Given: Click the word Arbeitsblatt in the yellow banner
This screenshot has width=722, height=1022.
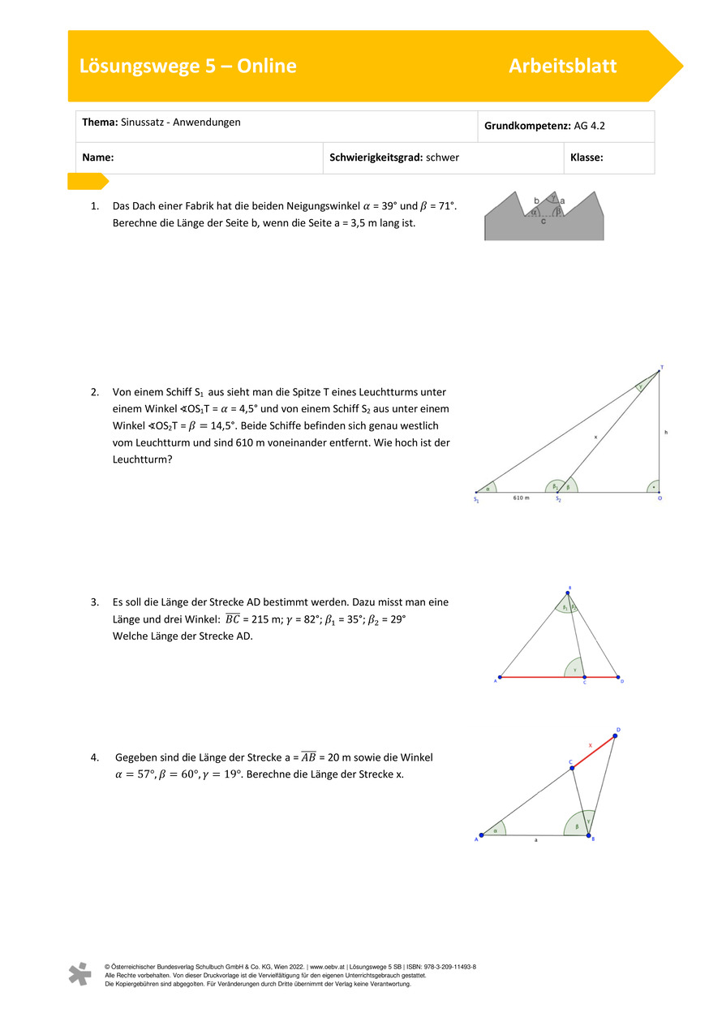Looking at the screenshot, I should coord(562,67).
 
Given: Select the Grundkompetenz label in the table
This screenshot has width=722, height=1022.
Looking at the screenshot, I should coord(526,127).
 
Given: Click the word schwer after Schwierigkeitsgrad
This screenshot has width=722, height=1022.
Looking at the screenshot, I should coord(442,157).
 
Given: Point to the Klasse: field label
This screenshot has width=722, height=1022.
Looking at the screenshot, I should coord(587,157).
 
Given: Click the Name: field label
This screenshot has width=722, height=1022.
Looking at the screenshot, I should coord(97,157).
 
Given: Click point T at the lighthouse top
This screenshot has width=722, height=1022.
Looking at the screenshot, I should coord(661,368).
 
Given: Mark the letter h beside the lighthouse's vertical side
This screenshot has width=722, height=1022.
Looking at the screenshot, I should coord(666,433).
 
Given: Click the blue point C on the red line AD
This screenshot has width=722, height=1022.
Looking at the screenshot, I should coord(583,676).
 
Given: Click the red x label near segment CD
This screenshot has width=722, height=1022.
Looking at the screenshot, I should coord(590,744).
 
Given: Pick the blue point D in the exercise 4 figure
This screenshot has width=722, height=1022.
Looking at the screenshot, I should coord(615,736).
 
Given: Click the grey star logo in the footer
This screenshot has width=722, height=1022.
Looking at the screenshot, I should coord(80,973).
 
